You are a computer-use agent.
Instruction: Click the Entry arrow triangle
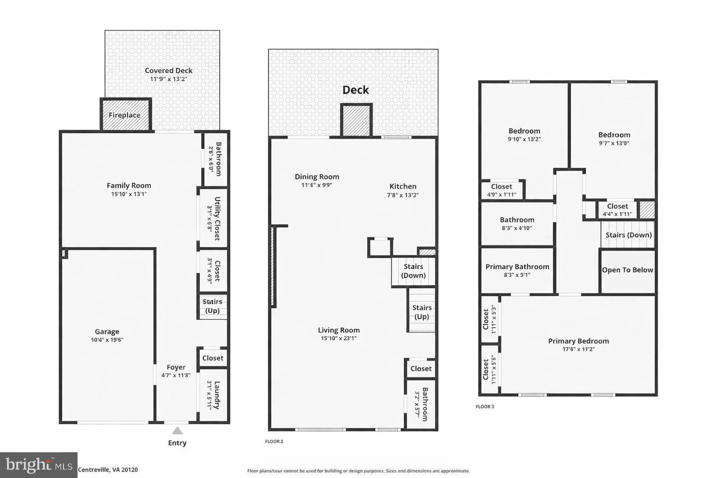tap(177, 431)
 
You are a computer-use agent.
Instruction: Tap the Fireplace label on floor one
tap(124, 115)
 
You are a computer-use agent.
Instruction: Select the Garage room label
tap(107, 332)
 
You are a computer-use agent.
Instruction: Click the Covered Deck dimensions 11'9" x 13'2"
tap(169, 79)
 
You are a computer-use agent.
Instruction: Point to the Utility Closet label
tap(217, 219)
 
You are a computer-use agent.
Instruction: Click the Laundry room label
tap(217, 395)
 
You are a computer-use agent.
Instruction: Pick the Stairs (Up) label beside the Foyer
tap(212, 306)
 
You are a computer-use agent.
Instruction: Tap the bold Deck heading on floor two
tap(356, 90)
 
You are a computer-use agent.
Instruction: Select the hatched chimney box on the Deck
tap(356, 120)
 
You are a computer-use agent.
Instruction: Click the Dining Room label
tap(317, 177)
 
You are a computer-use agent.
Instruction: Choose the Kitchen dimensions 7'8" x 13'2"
tap(403, 195)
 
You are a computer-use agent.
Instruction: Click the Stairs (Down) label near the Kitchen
tap(413, 271)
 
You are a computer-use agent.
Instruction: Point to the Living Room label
tap(339, 330)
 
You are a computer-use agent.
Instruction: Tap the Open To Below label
tap(627, 270)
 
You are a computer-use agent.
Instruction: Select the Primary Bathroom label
tap(517, 267)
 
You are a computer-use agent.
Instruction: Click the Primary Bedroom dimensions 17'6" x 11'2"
tap(579, 349)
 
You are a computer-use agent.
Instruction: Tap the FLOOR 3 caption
tap(484, 407)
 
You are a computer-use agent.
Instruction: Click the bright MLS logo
tap(38, 465)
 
